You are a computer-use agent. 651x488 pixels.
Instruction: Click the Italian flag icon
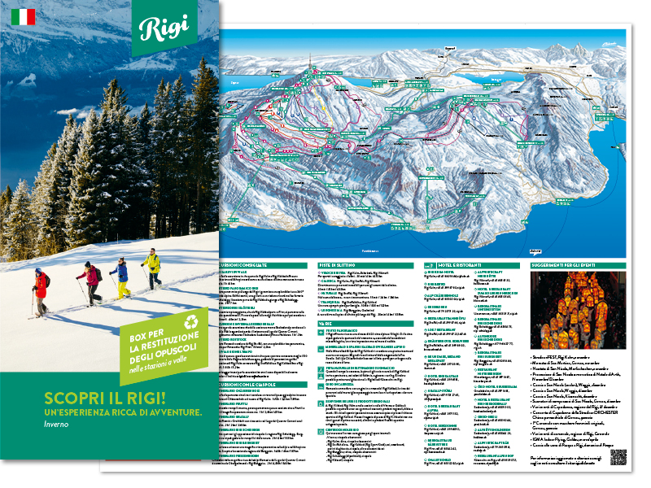23,17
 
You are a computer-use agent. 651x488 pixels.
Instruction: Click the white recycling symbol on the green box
192,322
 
